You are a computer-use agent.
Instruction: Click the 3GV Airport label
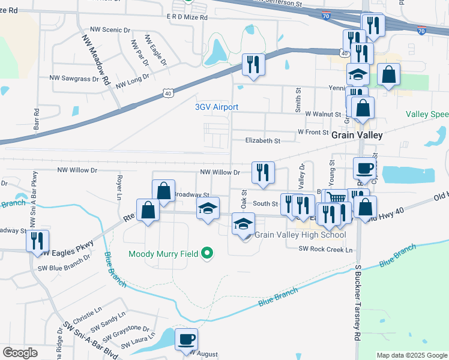click(217, 107)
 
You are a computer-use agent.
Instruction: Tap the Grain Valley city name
click(357, 136)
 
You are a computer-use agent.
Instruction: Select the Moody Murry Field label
click(164, 254)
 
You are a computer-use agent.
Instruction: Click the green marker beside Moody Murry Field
click(207, 254)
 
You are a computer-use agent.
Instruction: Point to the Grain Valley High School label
click(300, 235)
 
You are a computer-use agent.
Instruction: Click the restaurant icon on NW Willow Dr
click(262, 173)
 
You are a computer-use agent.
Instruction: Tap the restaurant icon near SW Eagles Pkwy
click(37, 241)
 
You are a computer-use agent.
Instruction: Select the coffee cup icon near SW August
click(186, 339)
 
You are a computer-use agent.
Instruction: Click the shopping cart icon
click(337, 199)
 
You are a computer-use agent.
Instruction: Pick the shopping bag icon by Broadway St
click(163, 191)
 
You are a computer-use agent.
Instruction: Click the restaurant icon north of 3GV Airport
click(253, 64)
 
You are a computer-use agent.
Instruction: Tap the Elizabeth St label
click(263, 141)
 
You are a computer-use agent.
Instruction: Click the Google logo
click(20, 353)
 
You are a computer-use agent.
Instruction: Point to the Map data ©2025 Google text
click(411, 355)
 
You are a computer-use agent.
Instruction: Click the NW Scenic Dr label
click(110, 29)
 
